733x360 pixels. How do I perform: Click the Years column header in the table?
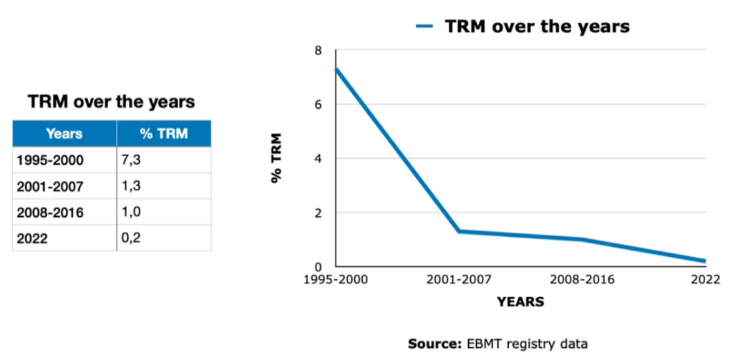pos(64,134)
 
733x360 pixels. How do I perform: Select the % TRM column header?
pos(164,134)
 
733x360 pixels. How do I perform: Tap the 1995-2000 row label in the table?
pos(50,160)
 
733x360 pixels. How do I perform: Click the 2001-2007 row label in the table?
pos(50,187)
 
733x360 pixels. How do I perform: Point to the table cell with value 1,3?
pos(131,186)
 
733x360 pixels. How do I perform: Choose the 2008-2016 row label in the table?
pos(50,213)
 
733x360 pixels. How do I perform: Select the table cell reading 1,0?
pos(131,213)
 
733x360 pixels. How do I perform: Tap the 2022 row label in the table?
pos(32,239)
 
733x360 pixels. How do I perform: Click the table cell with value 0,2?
pos(131,238)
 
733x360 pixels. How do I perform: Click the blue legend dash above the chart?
pos(426,26)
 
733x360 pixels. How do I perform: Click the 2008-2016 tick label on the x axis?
pos(582,280)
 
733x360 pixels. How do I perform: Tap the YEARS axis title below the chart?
pos(520,303)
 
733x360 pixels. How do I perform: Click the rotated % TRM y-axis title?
pos(277,158)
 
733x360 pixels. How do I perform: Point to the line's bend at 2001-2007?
pos(459,231)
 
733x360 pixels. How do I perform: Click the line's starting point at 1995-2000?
pos(336,69)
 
